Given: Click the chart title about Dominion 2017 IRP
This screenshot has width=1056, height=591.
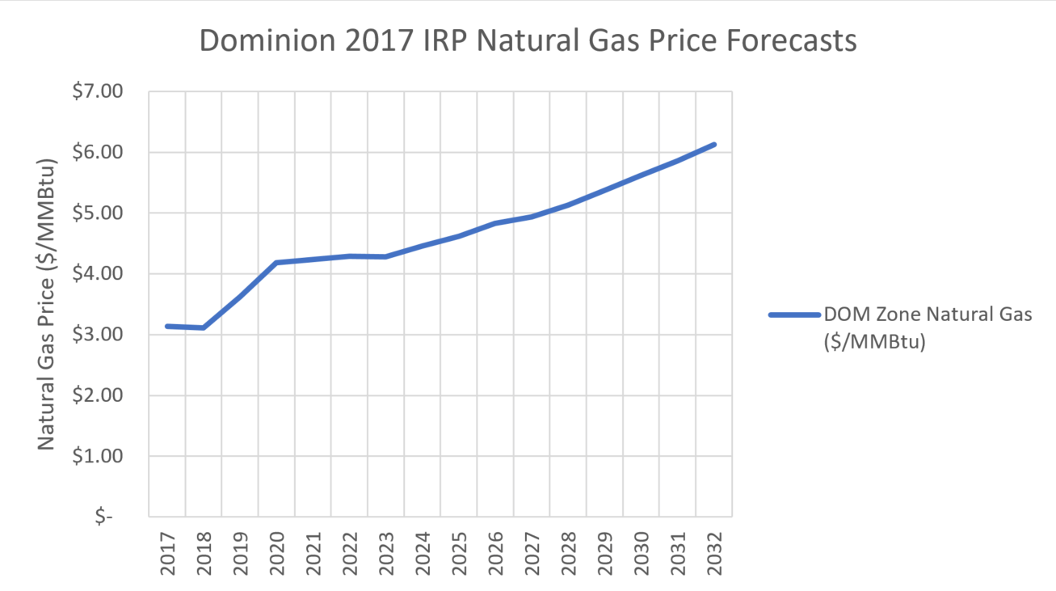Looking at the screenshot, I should [528, 40].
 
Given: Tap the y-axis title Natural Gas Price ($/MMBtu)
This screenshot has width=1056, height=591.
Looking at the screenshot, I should [47, 303].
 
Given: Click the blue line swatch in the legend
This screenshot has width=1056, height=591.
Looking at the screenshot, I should [793, 315].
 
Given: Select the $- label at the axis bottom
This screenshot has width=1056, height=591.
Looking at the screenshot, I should [103, 517].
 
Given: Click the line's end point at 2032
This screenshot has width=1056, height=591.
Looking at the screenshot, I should [714, 145].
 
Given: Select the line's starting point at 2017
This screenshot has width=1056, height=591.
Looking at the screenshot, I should [167, 326].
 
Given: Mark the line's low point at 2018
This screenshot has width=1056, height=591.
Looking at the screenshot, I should [204, 327].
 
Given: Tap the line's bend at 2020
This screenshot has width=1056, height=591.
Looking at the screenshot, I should [276, 263].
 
